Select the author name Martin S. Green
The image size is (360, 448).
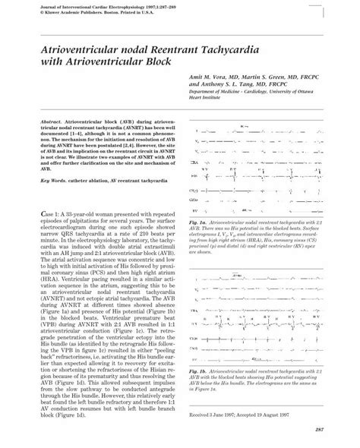tap(264, 78)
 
